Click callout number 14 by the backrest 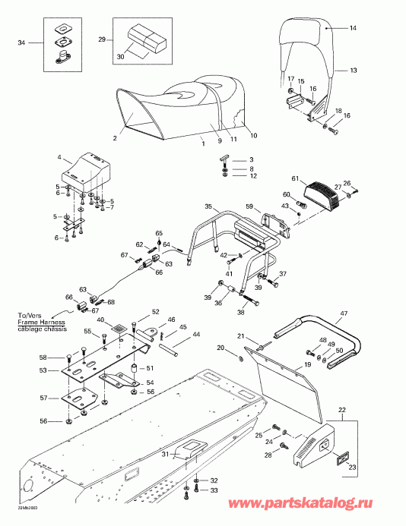coord(352,28)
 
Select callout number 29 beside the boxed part coord(102,38)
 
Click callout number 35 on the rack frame coord(208,206)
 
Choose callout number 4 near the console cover coord(59,158)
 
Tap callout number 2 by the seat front coord(114,138)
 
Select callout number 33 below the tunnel coord(214,491)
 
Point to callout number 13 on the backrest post coord(352,69)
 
